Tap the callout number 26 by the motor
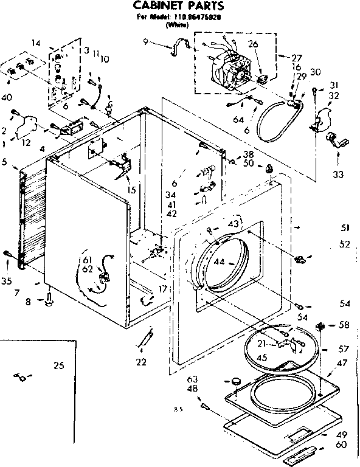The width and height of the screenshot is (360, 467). (253, 44)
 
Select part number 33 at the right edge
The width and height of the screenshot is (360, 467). (338, 175)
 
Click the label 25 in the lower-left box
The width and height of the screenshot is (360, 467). (58, 365)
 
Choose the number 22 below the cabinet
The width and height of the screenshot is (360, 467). (141, 362)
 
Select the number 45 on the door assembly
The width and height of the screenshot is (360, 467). (263, 358)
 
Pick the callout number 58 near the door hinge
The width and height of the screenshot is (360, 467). (344, 325)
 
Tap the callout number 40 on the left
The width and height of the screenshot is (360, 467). (7, 97)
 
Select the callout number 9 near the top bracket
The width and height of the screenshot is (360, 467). (146, 41)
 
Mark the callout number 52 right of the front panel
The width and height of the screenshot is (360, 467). (345, 244)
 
